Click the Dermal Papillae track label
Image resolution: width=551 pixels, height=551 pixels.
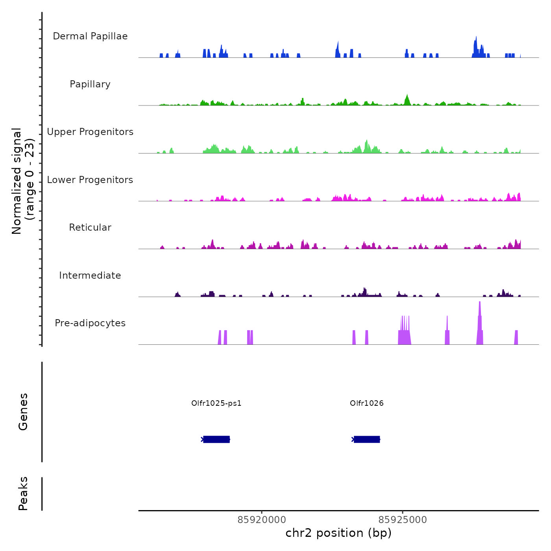[x=90, y=36]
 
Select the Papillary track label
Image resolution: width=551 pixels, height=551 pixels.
[x=90, y=84]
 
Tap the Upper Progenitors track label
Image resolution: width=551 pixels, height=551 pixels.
[x=90, y=132]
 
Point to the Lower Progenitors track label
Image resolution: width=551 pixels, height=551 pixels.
[x=90, y=180]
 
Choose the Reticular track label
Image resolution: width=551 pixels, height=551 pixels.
[x=90, y=227]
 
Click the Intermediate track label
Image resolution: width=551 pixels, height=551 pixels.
[x=90, y=275]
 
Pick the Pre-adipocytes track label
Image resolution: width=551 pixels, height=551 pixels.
[x=90, y=323]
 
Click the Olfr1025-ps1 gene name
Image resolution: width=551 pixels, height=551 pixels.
[x=216, y=403]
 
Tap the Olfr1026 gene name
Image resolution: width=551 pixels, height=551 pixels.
[x=367, y=403]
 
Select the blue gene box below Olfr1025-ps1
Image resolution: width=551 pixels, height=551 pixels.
[x=216, y=439]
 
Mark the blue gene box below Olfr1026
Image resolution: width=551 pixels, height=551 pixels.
[x=367, y=439]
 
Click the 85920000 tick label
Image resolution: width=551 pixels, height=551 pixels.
[x=262, y=520]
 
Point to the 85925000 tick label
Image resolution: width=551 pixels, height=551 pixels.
[x=403, y=520]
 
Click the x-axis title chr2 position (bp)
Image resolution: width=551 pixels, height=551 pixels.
[x=338, y=533]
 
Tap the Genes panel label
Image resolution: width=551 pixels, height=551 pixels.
[x=23, y=412]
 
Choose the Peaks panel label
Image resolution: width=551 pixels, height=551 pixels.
[x=23, y=494]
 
